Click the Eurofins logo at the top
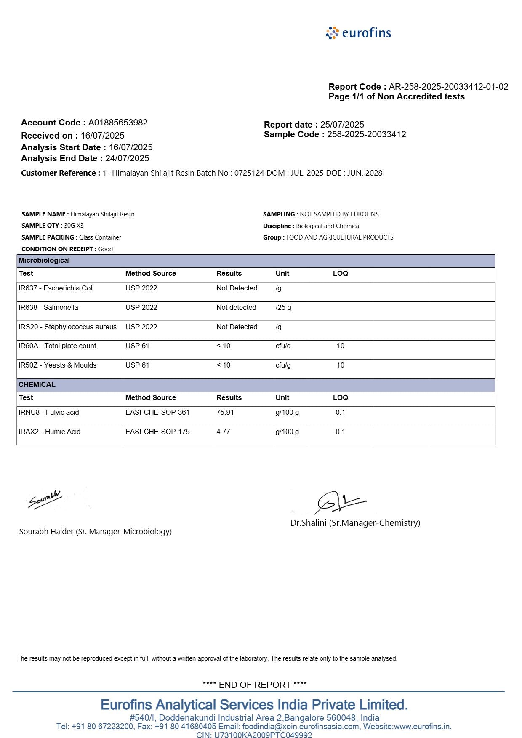pyautogui.click(x=358, y=33)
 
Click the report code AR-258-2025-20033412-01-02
pyautogui.click(x=448, y=87)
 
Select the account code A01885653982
pyautogui.click(x=118, y=123)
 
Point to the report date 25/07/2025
pyautogui.click(x=342, y=125)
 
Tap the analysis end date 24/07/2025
pyautogui.click(x=127, y=158)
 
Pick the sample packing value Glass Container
pyautogui.click(x=100, y=237)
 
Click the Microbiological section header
pyautogui.click(x=44, y=261)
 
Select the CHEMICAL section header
pyautogui.click(x=37, y=385)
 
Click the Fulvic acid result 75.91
pyautogui.click(x=225, y=413)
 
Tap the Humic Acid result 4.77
pyautogui.click(x=224, y=432)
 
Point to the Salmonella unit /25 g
pyautogui.click(x=283, y=308)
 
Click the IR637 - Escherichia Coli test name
pyautogui.click(x=56, y=288)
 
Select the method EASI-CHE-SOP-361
pyautogui.click(x=157, y=413)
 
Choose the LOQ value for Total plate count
pyautogui.click(x=340, y=346)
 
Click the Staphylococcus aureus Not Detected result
pyautogui.click(x=237, y=327)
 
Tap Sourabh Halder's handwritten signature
pyautogui.click(x=45, y=499)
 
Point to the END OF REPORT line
pyautogui.click(x=255, y=685)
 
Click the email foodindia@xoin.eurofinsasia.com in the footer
pyautogui.click(x=301, y=727)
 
